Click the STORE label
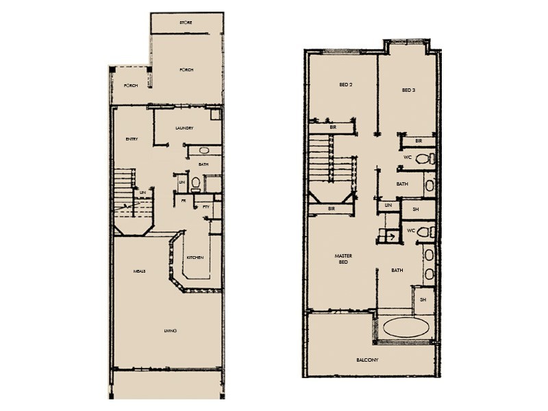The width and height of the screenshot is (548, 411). (185, 23)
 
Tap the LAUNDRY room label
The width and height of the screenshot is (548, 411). (184, 128)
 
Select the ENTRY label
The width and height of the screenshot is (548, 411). (132, 139)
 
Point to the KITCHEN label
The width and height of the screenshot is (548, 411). (195, 257)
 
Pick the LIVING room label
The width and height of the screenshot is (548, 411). (171, 332)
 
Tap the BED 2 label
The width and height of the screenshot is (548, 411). (345, 86)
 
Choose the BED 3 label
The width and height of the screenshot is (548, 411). (408, 90)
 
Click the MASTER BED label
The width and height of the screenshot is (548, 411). (343, 259)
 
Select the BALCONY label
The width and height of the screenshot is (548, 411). (367, 360)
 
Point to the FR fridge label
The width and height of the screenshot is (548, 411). (183, 201)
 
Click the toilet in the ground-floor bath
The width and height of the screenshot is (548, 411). (195, 184)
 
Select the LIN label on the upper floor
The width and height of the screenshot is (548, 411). (388, 205)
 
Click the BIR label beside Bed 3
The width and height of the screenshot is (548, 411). (418, 141)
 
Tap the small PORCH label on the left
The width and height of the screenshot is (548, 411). (130, 86)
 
